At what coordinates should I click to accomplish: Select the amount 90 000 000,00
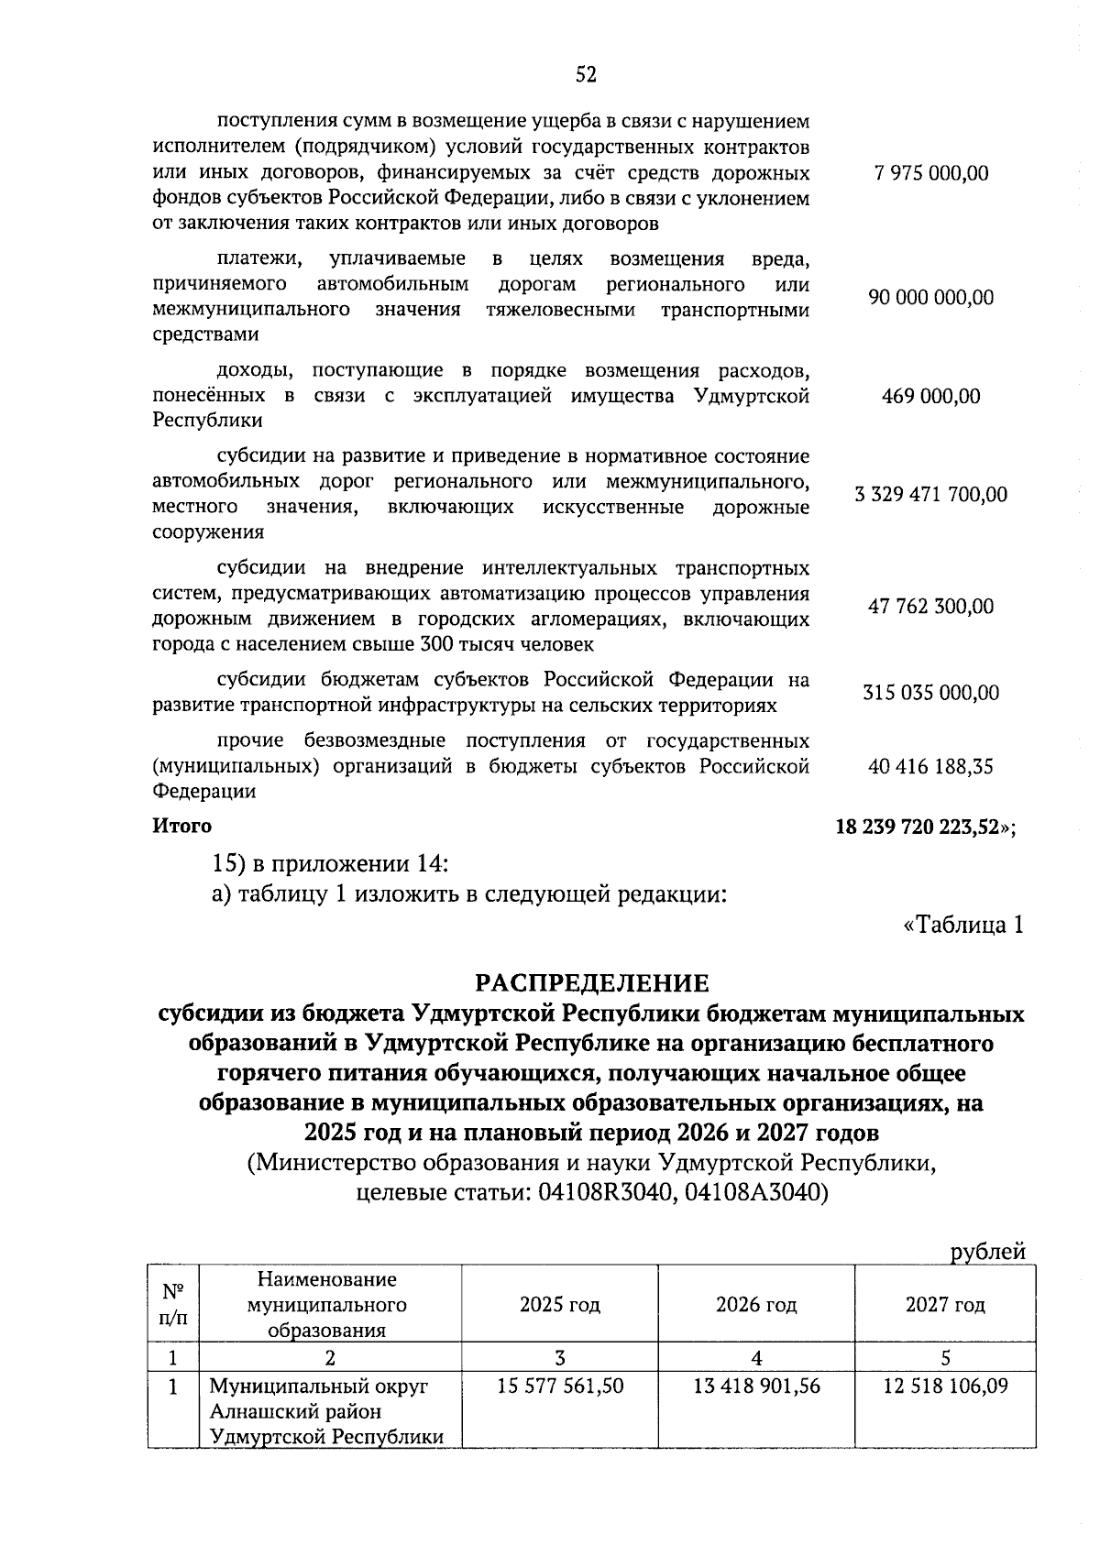pyautogui.click(x=931, y=298)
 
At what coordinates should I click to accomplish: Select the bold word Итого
pyautogui.click(x=181, y=826)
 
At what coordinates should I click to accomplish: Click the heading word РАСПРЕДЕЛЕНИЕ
pyautogui.click(x=591, y=983)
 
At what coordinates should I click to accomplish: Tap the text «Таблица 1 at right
pyautogui.click(x=962, y=926)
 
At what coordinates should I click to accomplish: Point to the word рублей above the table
pyautogui.click(x=988, y=1252)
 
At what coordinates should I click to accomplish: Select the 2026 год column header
pyautogui.click(x=756, y=1305)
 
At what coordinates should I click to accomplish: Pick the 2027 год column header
pyautogui.click(x=945, y=1305)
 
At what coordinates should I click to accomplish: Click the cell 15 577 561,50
pyautogui.click(x=560, y=1386)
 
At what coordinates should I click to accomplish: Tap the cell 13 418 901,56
pyautogui.click(x=756, y=1386)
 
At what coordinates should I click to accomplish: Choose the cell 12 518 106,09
pyautogui.click(x=945, y=1386)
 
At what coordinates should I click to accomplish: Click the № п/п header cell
pyautogui.click(x=170, y=1305)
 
